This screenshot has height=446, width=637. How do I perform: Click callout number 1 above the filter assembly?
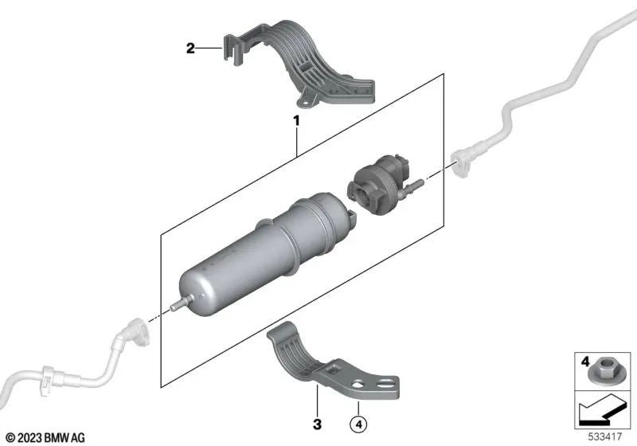click(x=296, y=122)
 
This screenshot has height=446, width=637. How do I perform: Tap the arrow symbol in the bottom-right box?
click(x=603, y=411)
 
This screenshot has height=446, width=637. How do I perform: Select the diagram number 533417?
click(x=608, y=436)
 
